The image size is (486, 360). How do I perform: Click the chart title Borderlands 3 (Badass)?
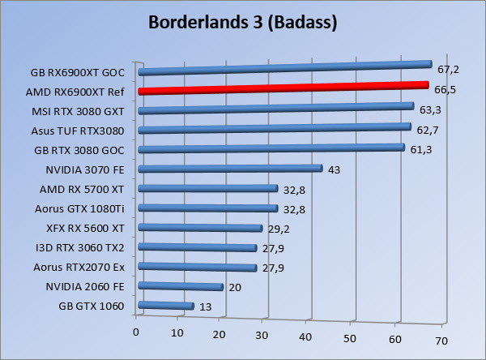[x=242, y=22]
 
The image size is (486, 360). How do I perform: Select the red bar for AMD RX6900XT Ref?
[x=283, y=88]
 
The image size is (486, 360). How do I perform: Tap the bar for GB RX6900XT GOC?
[x=285, y=68]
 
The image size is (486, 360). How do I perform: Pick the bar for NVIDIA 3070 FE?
[x=231, y=169]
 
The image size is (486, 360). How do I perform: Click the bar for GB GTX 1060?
[x=167, y=306]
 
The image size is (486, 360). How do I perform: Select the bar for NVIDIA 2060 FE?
[x=181, y=286]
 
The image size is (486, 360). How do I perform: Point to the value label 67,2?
[x=448, y=70]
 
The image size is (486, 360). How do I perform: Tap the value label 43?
[x=334, y=169]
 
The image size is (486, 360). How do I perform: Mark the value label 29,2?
[x=279, y=228]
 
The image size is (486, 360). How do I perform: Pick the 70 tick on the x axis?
[x=441, y=341]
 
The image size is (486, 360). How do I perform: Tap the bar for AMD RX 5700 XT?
[x=208, y=188]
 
